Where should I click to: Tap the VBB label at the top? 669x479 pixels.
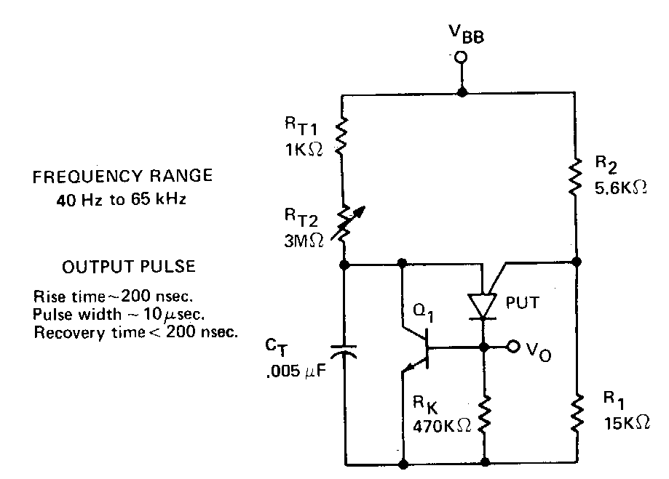click(x=463, y=34)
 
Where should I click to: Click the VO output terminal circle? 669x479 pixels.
click(x=514, y=347)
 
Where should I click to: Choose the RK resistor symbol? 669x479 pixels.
click(x=483, y=414)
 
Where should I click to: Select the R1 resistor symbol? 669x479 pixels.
click(x=577, y=412)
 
